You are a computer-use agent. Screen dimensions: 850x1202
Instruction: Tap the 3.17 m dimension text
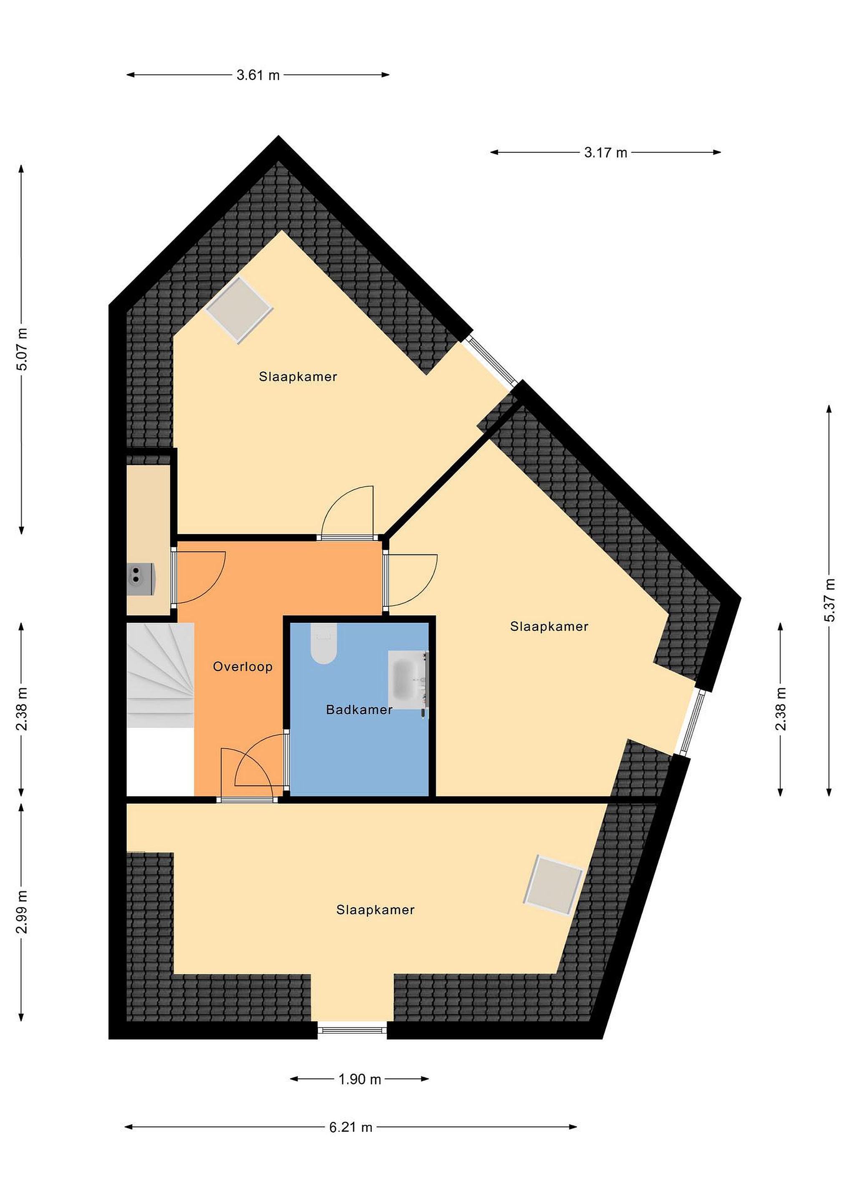(605, 153)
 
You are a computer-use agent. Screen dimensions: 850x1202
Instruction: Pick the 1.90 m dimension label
(360, 1079)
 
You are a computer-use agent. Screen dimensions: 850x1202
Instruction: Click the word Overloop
(243, 667)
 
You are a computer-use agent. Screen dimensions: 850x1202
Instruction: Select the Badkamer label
(359, 710)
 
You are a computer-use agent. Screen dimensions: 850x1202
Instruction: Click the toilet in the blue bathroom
(324, 644)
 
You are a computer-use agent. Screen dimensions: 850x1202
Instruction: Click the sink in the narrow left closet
(140, 578)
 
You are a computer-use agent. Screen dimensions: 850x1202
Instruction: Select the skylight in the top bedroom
(239, 311)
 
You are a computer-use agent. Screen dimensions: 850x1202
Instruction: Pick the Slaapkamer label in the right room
(549, 626)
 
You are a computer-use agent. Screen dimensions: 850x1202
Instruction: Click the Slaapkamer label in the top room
(298, 377)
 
